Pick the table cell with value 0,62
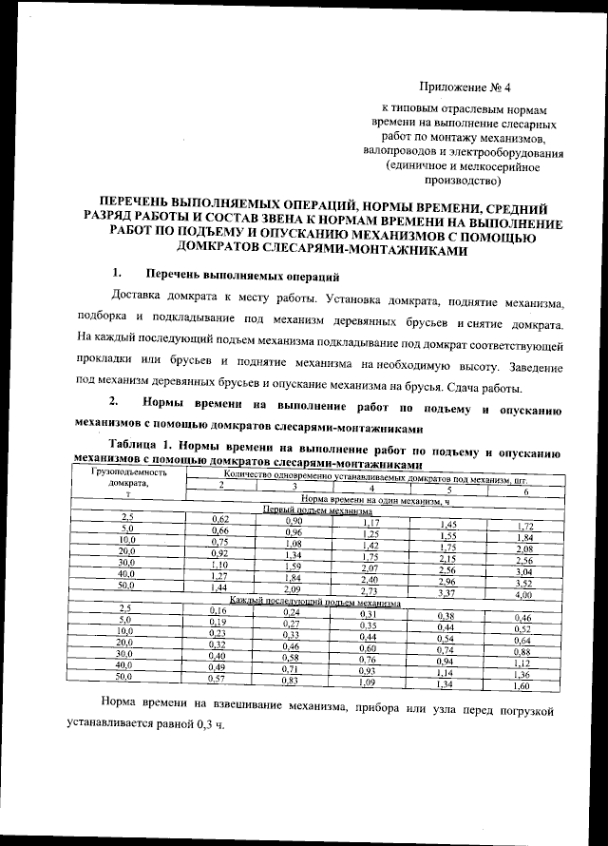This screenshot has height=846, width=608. [220, 519]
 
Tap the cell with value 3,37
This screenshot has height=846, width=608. [446, 592]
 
